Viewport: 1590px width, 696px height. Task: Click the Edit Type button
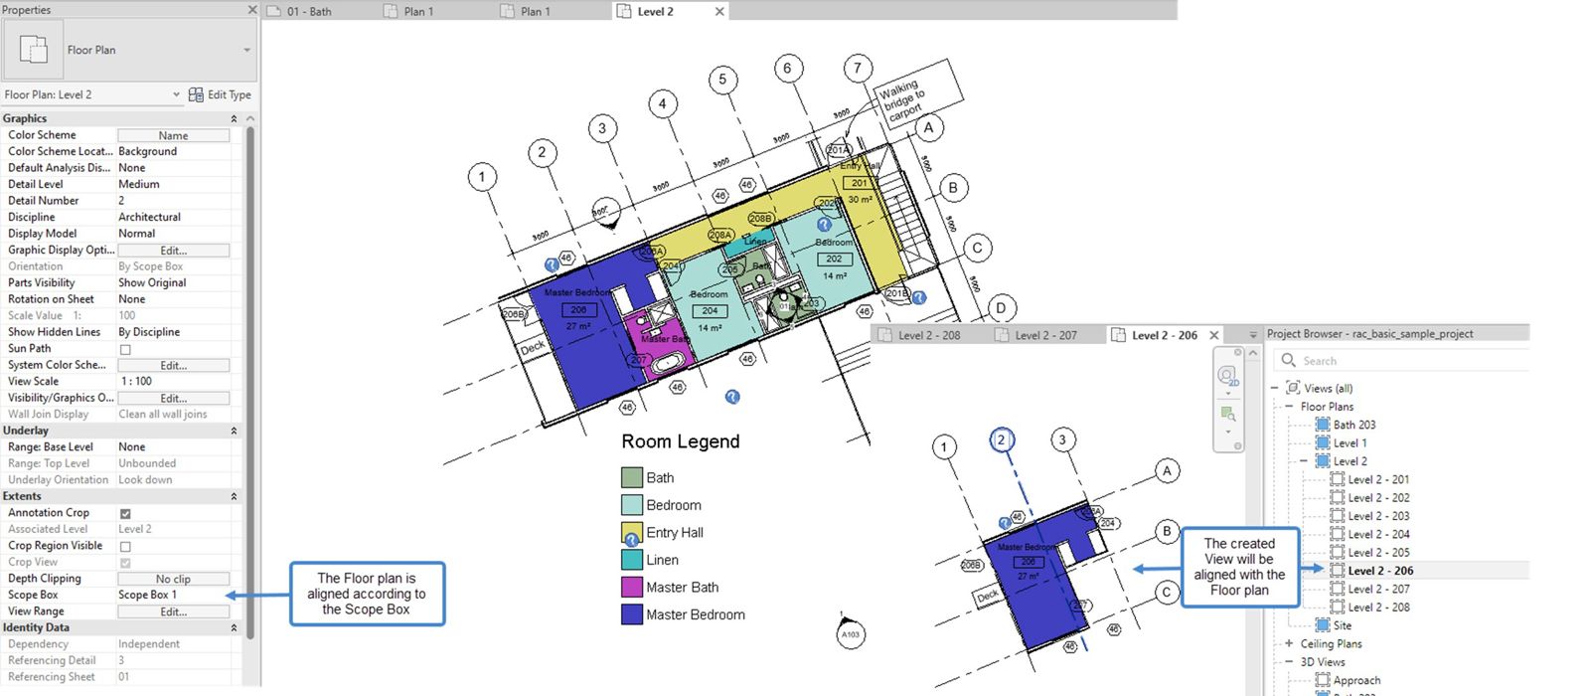coord(220,94)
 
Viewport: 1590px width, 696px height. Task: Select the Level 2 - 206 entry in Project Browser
coord(1379,571)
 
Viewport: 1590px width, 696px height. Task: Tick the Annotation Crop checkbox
coord(125,513)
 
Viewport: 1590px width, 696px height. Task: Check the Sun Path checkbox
coord(125,349)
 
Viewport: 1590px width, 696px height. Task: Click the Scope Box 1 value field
coord(173,595)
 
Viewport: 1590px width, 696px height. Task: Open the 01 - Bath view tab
coord(308,11)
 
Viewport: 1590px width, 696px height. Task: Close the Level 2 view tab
coord(720,11)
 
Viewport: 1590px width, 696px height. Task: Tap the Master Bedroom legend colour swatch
coord(631,614)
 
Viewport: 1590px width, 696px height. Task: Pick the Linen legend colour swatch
coord(631,560)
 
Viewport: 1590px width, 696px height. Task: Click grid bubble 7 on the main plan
coord(858,69)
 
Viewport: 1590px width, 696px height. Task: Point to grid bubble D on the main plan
coord(1001,308)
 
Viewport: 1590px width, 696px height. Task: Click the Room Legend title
coord(680,441)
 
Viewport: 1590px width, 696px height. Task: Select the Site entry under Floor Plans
coord(1342,625)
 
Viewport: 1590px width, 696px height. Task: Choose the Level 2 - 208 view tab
coord(928,335)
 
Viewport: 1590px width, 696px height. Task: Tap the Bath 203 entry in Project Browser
coord(1353,425)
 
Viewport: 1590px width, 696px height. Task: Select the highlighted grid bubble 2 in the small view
coord(1002,440)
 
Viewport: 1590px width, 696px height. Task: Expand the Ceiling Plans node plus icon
coord(1289,643)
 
